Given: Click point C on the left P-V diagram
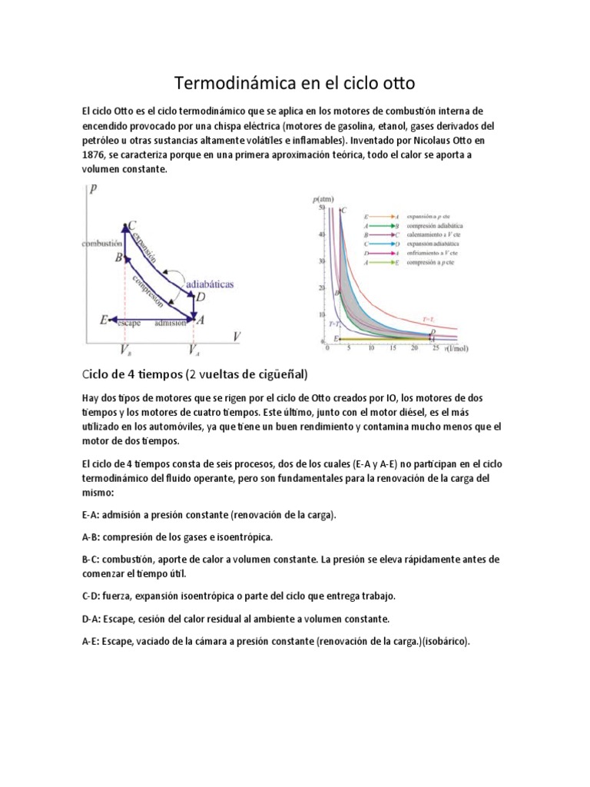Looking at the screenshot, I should pyautogui.click(x=131, y=225).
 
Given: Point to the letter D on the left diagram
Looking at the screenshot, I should pyautogui.click(x=201, y=297).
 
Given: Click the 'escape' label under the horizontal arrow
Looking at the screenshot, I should pyautogui.click(x=129, y=324).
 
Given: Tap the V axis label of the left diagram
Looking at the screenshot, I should pyautogui.click(x=237, y=337).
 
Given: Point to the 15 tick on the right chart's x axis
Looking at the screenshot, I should pyautogui.click(x=393, y=347).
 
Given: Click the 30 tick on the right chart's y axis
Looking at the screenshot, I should pyautogui.click(x=322, y=261).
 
